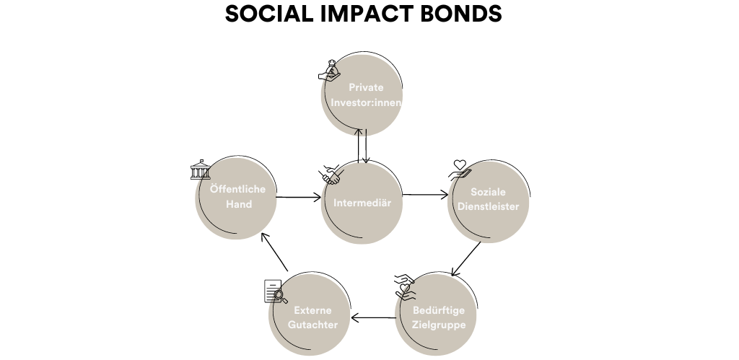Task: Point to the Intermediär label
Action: [x=362, y=203]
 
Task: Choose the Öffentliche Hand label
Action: [x=237, y=197]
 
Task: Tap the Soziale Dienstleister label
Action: [x=489, y=199]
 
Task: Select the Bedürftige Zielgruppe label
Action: [x=439, y=317]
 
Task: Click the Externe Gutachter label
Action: [x=312, y=317]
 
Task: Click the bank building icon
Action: [x=200, y=170]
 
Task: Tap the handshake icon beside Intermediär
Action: [x=331, y=174]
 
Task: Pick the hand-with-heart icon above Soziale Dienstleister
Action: [x=459, y=170]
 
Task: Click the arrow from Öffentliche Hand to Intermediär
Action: [x=298, y=196]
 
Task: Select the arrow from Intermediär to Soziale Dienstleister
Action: [x=425, y=194]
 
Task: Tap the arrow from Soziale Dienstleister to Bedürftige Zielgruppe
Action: [x=465, y=259]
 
